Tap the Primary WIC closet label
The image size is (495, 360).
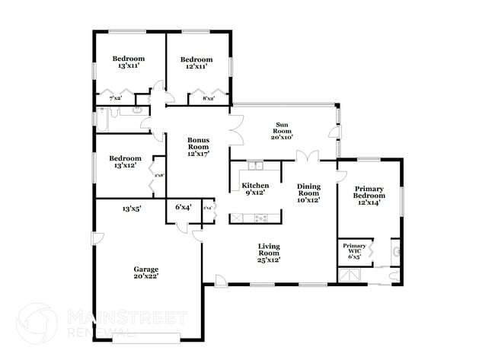pos(354,250)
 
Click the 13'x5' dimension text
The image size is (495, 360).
pos(131,207)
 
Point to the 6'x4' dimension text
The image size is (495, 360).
pos(183,207)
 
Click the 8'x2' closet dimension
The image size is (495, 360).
pos(208,98)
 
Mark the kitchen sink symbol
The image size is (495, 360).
pos(254,166)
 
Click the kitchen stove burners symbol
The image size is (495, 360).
pos(260,218)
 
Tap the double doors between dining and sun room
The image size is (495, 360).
pos(307,157)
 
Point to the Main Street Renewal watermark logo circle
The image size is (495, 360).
pos(36,323)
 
